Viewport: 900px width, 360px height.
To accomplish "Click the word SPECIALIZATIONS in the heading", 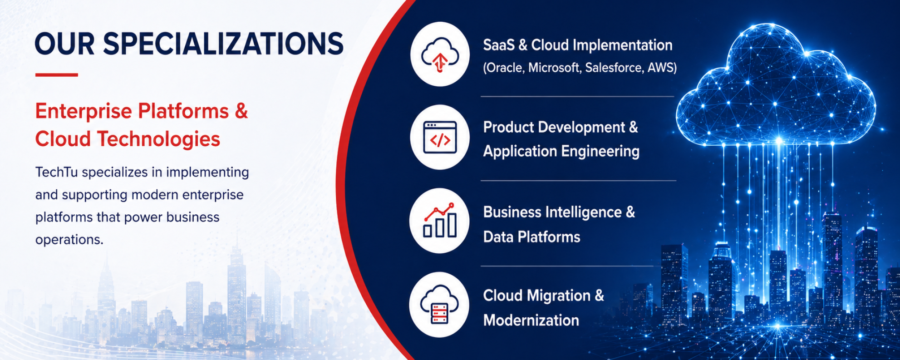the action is click(x=223, y=44).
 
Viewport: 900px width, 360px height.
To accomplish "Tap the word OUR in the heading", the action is click(x=64, y=44).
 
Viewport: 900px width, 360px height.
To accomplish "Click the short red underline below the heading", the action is click(x=56, y=75).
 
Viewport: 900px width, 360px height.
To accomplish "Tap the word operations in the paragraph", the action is click(x=69, y=240).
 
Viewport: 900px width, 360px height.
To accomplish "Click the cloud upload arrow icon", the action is click(x=440, y=54).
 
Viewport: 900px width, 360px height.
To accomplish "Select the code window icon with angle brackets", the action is click(x=440, y=137).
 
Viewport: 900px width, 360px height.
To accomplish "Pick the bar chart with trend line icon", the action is click(x=439, y=220).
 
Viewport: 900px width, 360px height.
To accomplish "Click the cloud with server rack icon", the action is click(x=439, y=304).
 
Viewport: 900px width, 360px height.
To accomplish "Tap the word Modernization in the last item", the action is click(x=531, y=321).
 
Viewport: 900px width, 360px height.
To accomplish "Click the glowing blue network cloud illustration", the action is click(x=776, y=86).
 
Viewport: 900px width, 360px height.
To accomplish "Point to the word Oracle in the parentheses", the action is click(x=504, y=68).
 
